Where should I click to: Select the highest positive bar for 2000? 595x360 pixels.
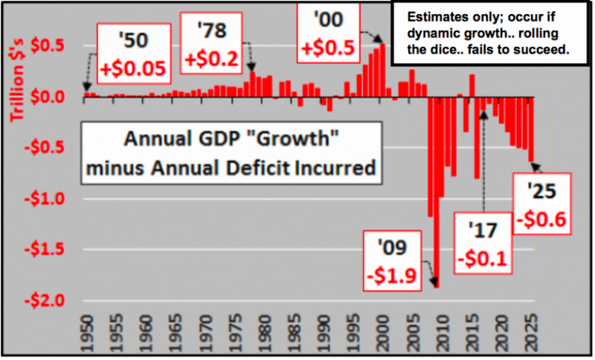point(382,70)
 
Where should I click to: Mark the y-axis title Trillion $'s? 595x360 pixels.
point(15,82)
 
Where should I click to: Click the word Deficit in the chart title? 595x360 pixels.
point(255,167)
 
